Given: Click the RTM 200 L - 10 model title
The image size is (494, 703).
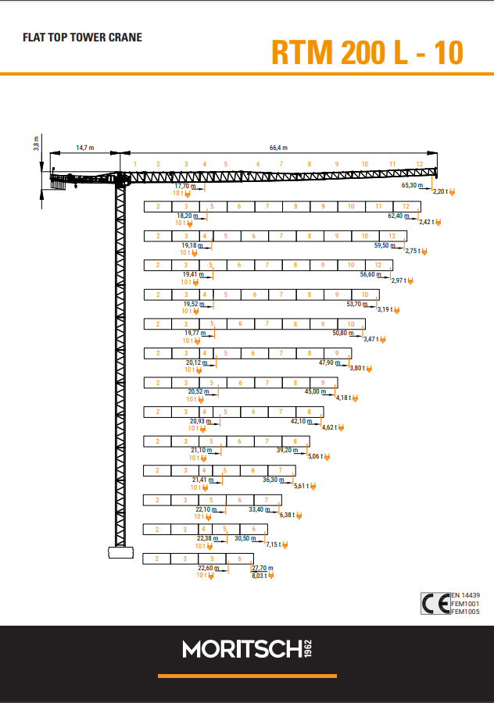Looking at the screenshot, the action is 367,53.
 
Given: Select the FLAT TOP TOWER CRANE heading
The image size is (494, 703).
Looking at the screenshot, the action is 83,37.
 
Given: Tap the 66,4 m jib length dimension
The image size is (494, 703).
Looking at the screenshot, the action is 278,148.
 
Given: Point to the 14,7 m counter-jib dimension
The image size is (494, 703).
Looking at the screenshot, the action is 85,148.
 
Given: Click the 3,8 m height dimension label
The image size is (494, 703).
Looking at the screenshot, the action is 36,143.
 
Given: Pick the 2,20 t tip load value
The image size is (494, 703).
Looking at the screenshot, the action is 441,191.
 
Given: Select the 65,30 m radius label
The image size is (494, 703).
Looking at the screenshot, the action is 413,184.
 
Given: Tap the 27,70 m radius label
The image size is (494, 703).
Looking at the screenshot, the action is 263,568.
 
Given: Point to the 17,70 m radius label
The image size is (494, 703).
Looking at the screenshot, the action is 185,186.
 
